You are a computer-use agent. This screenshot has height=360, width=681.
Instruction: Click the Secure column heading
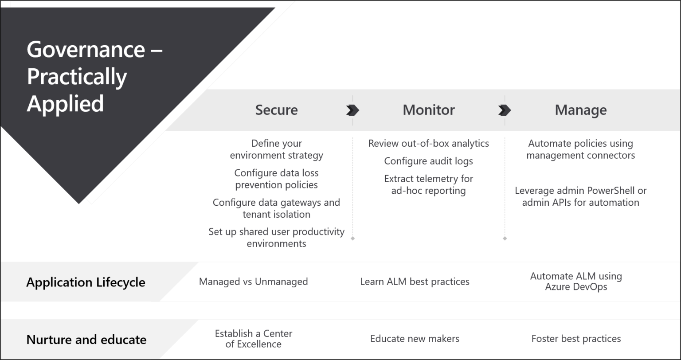276,110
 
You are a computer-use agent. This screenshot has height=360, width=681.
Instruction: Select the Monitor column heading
428,110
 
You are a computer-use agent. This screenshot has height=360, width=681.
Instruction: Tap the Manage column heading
580,110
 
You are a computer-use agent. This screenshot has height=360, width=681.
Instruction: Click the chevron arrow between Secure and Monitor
352,110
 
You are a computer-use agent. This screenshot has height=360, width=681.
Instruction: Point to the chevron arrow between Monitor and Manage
505,110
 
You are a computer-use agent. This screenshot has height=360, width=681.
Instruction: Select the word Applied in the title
65,103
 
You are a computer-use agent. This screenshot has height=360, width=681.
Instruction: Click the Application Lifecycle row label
86,282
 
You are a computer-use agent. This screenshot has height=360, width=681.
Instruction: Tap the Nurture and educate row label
86,340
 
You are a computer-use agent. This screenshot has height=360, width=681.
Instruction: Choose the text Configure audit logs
428,161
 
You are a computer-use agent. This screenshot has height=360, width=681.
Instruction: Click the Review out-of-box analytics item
428,144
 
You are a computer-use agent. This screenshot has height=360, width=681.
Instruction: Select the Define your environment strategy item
276,149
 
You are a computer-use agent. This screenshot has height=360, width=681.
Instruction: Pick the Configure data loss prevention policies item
276,179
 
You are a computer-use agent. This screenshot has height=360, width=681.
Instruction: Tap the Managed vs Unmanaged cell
253,282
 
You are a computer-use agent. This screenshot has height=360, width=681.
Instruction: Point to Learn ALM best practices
415,282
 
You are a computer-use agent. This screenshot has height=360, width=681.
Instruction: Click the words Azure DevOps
576,287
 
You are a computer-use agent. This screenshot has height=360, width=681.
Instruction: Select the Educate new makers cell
415,339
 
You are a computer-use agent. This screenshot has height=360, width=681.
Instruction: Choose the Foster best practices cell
576,339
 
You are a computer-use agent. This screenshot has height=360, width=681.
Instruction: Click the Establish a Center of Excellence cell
253,339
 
